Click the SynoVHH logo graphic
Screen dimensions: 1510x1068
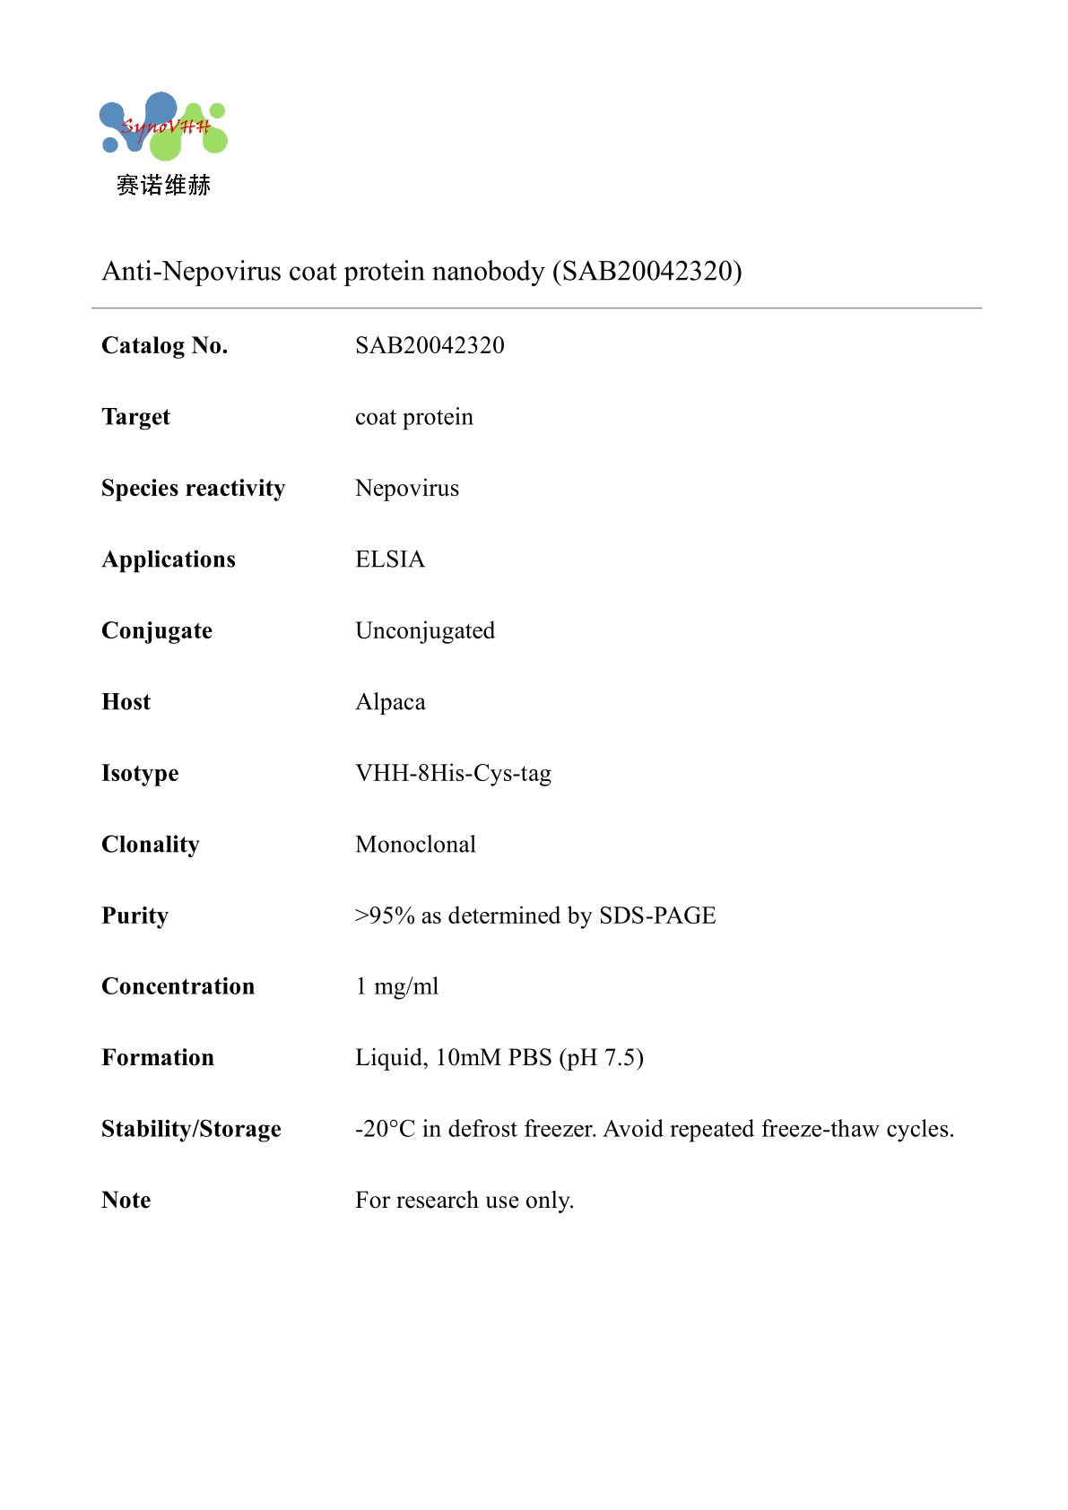(163, 127)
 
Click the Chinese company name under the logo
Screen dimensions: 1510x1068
(163, 186)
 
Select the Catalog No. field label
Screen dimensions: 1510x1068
(165, 345)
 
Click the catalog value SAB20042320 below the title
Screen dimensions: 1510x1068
(430, 345)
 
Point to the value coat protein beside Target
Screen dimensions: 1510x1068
(414, 417)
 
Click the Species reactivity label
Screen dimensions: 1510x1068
(193, 488)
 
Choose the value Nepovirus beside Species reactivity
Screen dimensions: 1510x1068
(407, 488)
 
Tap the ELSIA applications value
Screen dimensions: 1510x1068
(390, 560)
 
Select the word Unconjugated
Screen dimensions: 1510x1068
(425, 630)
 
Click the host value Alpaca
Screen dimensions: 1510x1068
(390, 702)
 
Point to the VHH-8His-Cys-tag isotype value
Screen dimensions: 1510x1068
(453, 773)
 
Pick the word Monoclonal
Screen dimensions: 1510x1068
(415, 844)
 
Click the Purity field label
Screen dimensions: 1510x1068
(135, 916)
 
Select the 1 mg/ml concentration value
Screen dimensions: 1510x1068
(397, 986)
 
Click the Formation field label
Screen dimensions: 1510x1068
(158, 1058)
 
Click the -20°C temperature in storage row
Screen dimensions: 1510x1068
(385, 1129)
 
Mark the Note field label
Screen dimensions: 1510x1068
(126, 1200)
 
